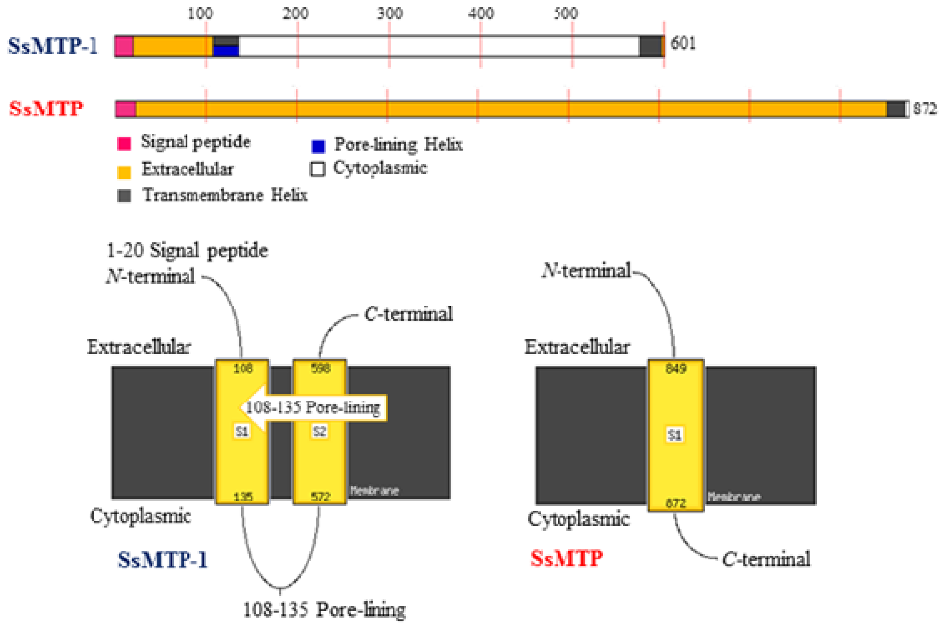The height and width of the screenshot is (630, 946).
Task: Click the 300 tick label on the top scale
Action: (389, 14)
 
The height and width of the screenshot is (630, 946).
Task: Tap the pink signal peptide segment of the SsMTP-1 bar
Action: (124, 46)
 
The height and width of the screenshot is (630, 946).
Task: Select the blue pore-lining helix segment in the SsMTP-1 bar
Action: (226, 51)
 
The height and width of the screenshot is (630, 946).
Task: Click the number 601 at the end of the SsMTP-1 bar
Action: (683, 43)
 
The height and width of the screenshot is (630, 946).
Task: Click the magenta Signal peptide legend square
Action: (124, 143)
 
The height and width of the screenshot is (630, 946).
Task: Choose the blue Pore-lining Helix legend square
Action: (318, 146)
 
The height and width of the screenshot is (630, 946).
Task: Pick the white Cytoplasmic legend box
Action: (317, 169)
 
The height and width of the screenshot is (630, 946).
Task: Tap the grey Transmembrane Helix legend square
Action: (124, 196)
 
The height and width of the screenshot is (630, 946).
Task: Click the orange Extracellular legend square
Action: (124, 172)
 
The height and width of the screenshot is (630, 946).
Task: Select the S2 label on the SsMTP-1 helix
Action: (319, 432)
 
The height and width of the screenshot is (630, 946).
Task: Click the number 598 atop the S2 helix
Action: (321, 368)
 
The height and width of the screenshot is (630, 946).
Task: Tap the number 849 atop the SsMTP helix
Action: (676, 368)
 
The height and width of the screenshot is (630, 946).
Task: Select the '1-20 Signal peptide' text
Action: (187, 251)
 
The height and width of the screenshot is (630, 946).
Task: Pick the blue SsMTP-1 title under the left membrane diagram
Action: (162, 559)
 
